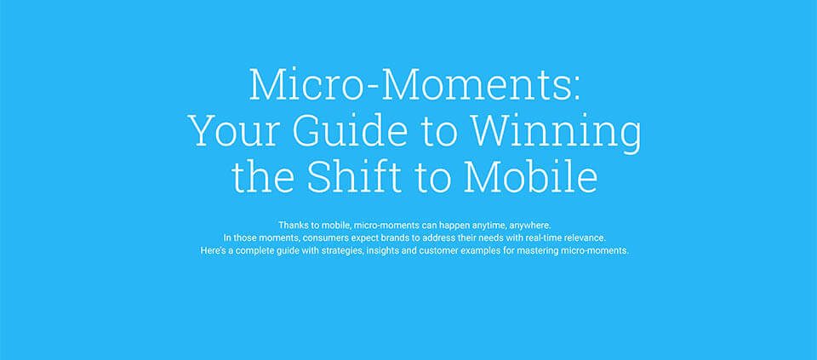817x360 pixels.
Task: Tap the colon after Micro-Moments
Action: [x=575, y=89]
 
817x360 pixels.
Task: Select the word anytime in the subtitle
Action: [x=488, y=226]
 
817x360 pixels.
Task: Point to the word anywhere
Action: [x=530, y=226]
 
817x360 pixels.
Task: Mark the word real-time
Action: [x=546, y=237]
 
